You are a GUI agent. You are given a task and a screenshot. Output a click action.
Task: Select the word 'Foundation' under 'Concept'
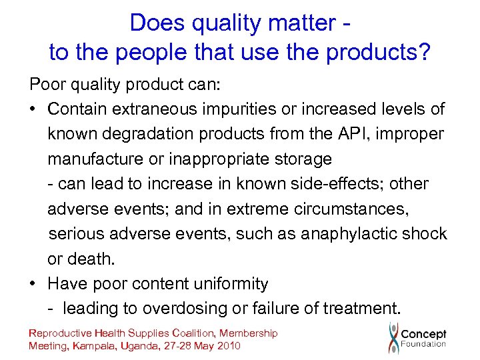point(423,344)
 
